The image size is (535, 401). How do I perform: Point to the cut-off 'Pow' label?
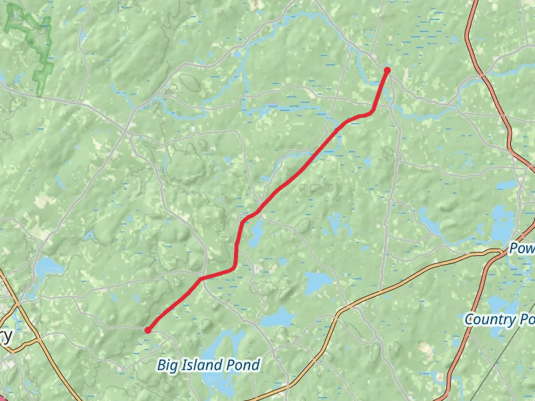point(522,248)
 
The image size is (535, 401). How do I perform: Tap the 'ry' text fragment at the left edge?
point(6,335)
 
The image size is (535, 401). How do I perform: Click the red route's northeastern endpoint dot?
point(387,70)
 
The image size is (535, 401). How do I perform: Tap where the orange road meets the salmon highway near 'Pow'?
point(503,252)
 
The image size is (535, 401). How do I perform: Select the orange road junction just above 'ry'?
point(19,307)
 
